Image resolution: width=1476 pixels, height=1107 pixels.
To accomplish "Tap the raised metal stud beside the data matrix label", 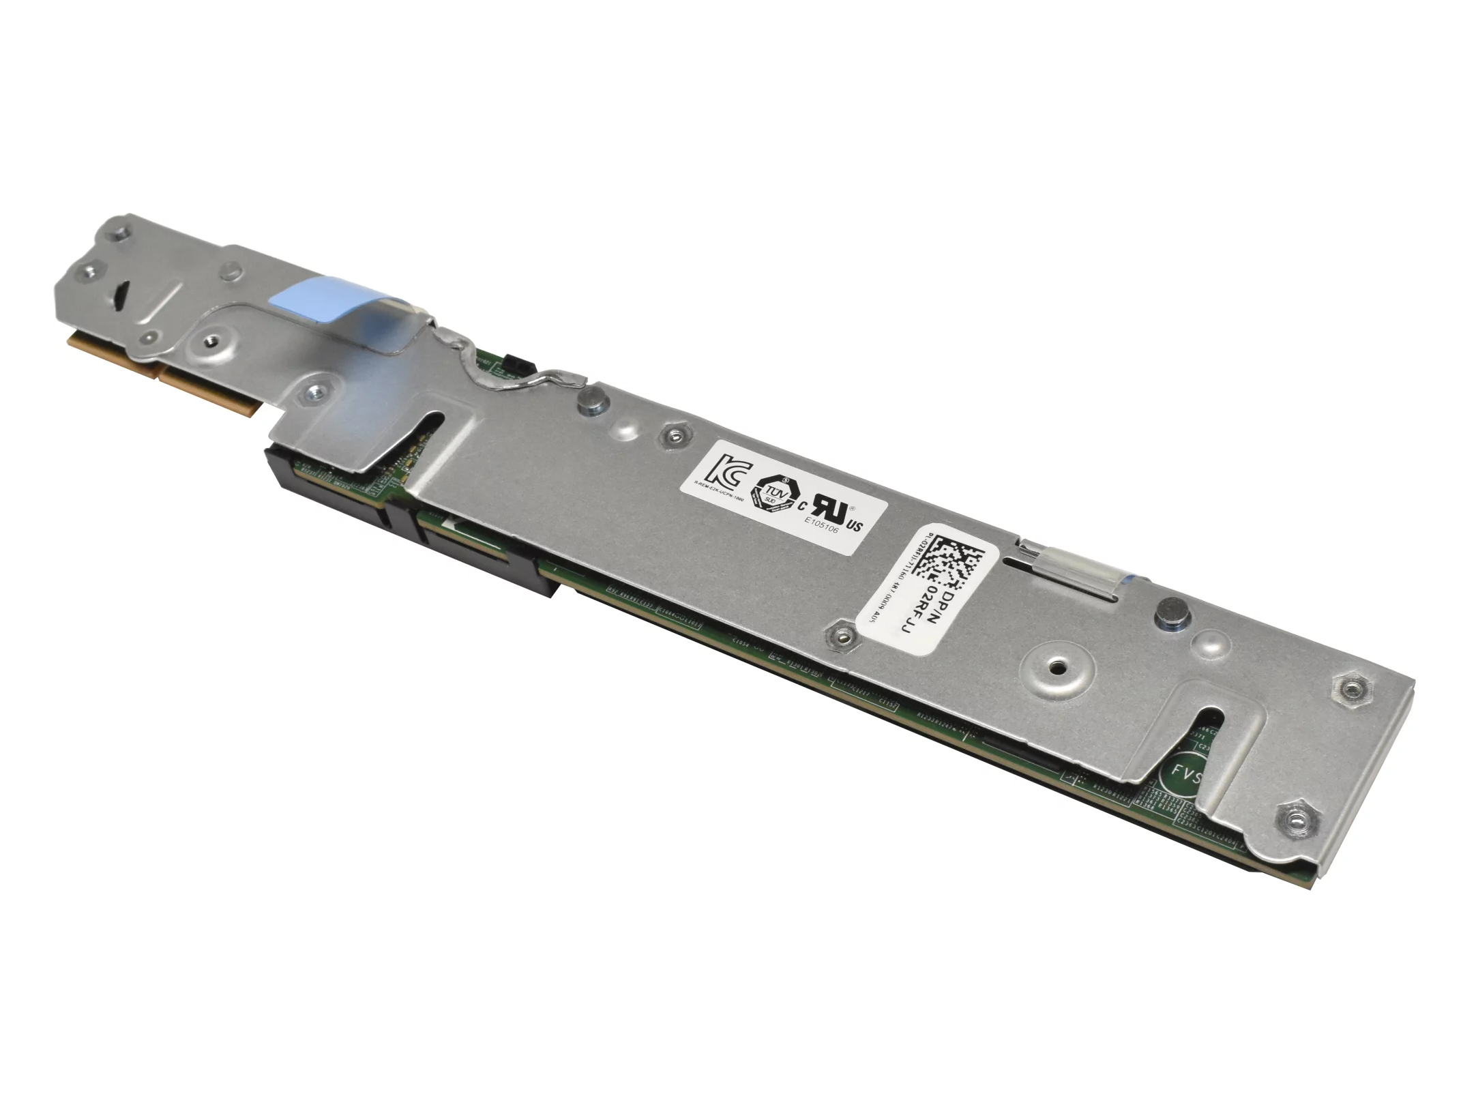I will (1168, 609).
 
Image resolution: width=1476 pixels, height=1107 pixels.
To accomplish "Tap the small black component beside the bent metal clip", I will (510, 364).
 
